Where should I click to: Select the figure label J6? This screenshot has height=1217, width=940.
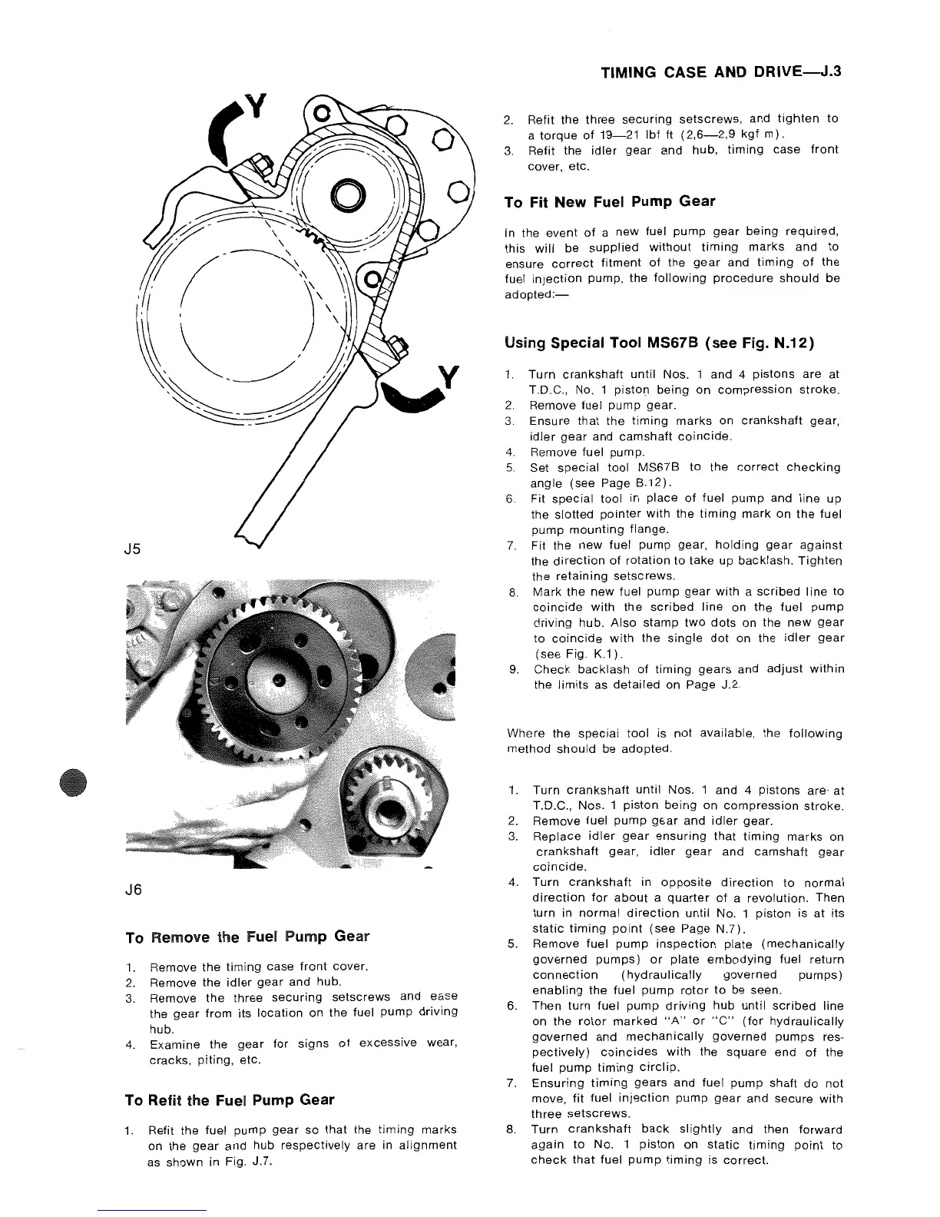click(134, 890)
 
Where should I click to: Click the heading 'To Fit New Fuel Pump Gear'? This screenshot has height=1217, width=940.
click(609, 202)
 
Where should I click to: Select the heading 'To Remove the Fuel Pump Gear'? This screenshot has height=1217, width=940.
click(247, 937)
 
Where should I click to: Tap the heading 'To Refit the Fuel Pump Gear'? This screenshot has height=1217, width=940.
click(229, 1099)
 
